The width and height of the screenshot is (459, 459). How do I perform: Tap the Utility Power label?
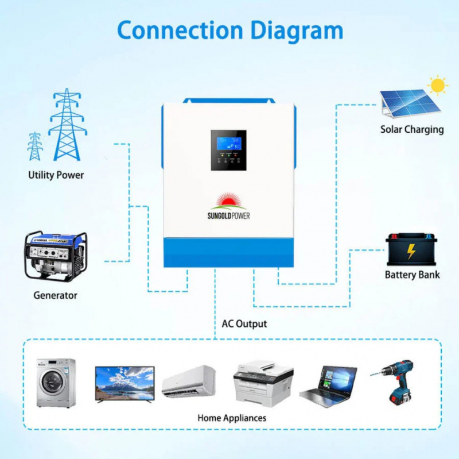point(56,175)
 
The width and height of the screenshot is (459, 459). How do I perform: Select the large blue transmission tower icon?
point(67,125)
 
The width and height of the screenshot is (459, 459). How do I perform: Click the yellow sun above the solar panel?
point(438,86)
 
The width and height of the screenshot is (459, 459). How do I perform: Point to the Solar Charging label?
point(412,129)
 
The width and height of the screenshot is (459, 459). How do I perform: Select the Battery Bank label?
point(412,275)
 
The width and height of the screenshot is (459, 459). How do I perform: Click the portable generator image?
point(56,256)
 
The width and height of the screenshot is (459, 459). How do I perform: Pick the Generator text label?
point(55,295)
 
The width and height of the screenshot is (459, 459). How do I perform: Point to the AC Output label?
point(244,324)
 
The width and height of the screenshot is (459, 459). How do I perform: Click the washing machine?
point(56,383)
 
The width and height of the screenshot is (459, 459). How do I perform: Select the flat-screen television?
point(125,383)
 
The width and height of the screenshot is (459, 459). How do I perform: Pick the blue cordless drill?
point(398,380)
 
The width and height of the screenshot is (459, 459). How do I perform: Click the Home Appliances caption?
point(232,418)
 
